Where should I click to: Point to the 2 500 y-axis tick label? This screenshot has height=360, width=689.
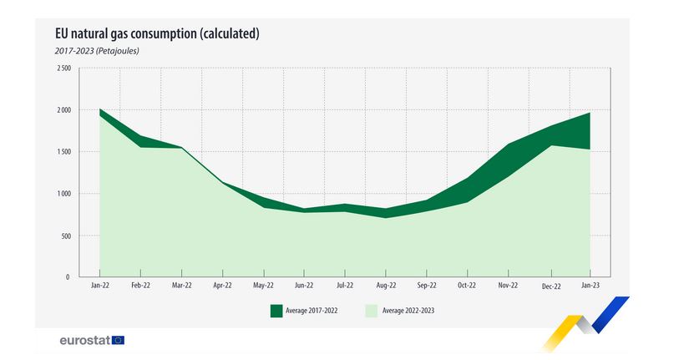(x=63, y=68)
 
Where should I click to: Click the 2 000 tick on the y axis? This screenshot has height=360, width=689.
(x=63, y=110)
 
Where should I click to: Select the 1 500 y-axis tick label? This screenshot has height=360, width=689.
(x=63, y=152)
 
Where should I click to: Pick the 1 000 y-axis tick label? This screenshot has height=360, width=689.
(x=63, y=194)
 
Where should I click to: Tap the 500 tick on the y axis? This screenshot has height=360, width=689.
(x=66, y=236)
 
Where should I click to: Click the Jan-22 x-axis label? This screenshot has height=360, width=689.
(x=99, y=285)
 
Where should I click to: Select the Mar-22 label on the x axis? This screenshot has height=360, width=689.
(x=181, y=285)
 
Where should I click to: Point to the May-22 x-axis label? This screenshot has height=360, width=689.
(x=263, y=285)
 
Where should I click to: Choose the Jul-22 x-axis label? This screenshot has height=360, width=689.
(x=345, y=285)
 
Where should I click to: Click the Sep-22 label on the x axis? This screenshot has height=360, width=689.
(x=427, y=285)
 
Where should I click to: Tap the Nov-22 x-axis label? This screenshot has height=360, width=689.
(x=509, y=285)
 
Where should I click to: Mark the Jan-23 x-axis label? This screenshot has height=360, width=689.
(x=590, y=285)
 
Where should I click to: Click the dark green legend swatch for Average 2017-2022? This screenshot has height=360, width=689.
(x=276, y=311)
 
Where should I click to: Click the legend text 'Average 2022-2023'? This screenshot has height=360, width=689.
(x=408, y=311)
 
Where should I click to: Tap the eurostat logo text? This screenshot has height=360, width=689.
(x=84, y=340)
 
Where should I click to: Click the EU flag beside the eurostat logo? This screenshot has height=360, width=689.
(x=118, y=340)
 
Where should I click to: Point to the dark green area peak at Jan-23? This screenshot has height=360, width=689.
(x=590, y=114)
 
